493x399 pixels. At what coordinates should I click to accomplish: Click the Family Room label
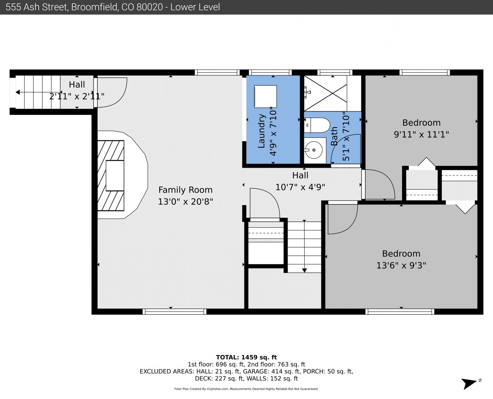pos(185,190)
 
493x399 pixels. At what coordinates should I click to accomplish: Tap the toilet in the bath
pos(316,125)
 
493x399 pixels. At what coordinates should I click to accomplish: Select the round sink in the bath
pos(314,150)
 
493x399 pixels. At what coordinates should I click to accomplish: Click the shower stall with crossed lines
pos(325,93)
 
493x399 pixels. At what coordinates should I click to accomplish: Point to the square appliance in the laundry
pos(265,96)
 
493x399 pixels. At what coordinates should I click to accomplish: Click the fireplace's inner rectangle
pos(115,175)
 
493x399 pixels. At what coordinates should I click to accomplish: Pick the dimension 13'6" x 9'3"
pos(401,265)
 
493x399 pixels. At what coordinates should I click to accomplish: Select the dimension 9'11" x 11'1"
pos(421,134)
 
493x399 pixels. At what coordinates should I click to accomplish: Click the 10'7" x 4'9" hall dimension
pos(300,187)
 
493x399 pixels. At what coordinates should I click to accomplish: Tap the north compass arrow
pos(469,383)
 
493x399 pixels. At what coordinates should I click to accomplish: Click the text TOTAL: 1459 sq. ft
pos(246,357)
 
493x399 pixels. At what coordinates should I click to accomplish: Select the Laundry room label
pos(261,131)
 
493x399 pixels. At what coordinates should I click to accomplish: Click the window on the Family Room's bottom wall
pos(174,312)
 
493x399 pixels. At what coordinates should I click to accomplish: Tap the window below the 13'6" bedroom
pos(400,312)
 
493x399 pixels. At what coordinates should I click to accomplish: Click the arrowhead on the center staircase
pos(304,270)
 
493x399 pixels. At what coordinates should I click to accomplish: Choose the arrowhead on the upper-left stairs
pos(18,92)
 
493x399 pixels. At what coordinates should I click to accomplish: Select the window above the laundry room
pos(270,72)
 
